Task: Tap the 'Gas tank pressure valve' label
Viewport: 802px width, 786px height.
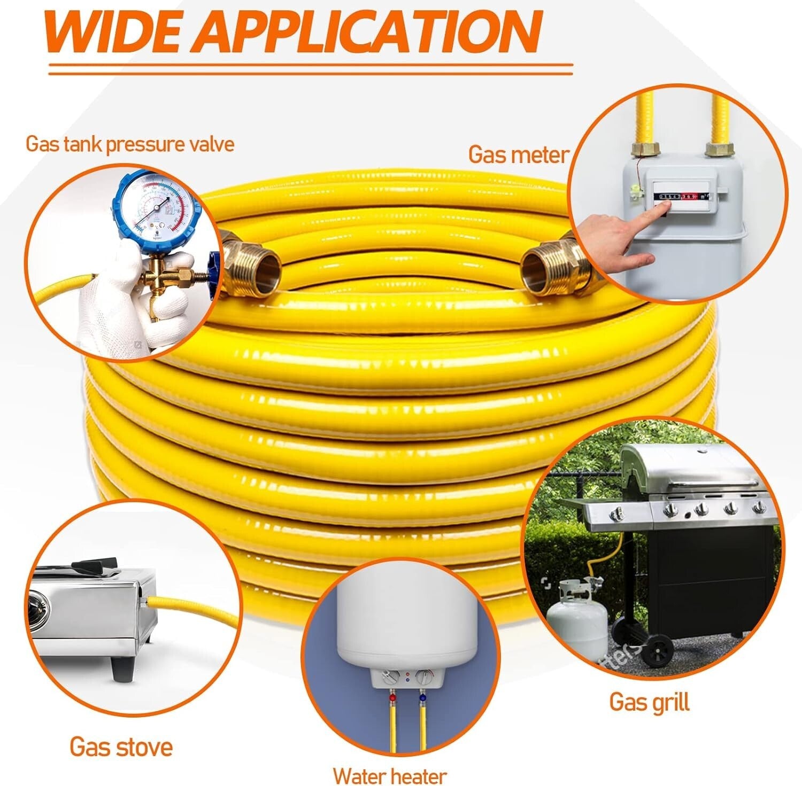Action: pos(130,144)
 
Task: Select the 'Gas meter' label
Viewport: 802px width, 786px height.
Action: pos(518,155)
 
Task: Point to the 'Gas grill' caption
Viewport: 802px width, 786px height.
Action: pos(649,702)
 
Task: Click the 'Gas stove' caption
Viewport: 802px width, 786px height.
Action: pos(121,746)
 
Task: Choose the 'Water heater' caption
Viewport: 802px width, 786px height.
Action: pos(390,776)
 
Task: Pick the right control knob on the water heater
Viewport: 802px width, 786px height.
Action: pos(424,678)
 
